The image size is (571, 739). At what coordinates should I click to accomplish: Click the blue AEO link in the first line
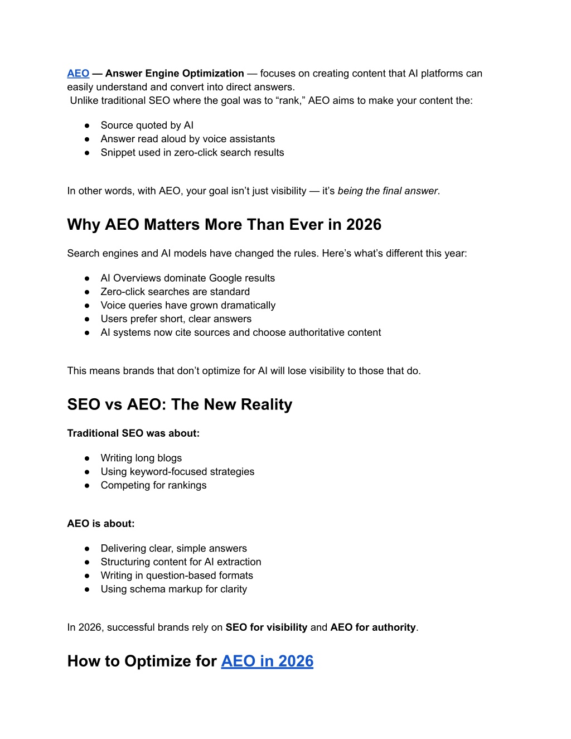click(78, 74)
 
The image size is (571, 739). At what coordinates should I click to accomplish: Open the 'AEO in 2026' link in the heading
click(267, 661)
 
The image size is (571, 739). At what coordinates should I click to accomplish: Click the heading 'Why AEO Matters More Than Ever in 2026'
click(224, 225)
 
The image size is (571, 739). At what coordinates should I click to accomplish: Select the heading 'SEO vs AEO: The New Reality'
click(180, 404)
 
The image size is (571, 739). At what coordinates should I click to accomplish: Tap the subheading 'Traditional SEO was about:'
click(133, 433)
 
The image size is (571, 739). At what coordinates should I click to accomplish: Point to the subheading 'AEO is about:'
click(101, 524)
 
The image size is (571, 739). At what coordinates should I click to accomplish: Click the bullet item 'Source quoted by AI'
click(147, 125)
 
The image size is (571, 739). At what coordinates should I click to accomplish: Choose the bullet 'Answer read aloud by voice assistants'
click(187, 139)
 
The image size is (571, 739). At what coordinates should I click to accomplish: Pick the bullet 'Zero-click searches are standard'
click(175, 292)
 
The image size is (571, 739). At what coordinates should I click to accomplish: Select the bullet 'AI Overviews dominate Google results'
click(187, 278)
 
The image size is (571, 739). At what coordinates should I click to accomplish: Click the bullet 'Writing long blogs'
click(141, 458)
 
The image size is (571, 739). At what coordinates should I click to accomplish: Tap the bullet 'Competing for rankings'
click(153, 485)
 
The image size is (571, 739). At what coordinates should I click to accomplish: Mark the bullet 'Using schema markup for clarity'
click(173, 589)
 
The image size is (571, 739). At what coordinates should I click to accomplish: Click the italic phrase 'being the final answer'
click(388, 191)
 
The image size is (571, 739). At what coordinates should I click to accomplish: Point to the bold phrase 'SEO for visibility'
click(266, 627)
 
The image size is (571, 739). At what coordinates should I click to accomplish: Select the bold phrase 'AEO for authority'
click(373, 627)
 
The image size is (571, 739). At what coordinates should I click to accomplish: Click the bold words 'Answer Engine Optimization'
click(175, 74)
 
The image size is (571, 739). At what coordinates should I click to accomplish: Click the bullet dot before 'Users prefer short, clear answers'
click(87, 319)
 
